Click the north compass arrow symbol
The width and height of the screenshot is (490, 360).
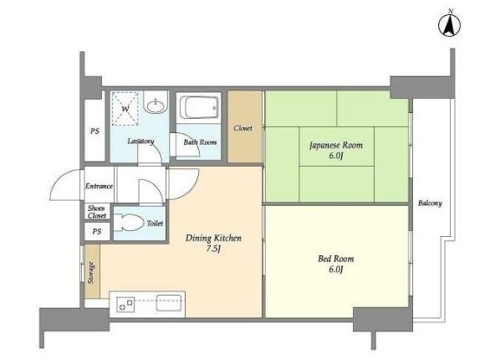449,26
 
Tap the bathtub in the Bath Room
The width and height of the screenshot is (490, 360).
199,107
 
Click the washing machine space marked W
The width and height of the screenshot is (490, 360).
125,109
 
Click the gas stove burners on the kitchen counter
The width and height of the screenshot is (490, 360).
126,304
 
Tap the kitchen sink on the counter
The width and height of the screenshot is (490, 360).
169,303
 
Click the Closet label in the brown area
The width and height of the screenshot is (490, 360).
243,128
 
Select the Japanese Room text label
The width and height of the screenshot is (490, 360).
336,145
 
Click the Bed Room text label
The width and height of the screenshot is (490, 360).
336,259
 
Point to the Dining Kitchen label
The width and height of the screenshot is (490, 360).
213,239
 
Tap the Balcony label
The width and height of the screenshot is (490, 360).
430,203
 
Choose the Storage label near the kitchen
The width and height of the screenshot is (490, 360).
91,273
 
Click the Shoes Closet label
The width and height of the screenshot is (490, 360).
96,212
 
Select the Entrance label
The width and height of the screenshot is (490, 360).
99,186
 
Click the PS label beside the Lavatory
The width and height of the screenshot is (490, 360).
94,131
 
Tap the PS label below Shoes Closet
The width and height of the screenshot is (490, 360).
96,231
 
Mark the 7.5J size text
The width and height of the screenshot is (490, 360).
213,249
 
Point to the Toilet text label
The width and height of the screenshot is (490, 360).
155,224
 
